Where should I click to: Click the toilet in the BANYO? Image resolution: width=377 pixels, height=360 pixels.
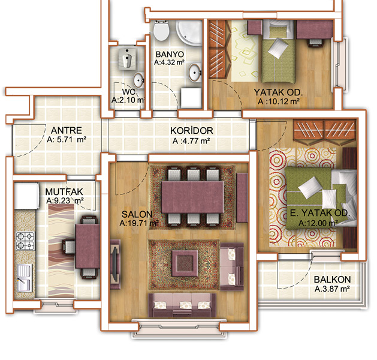(161, 31)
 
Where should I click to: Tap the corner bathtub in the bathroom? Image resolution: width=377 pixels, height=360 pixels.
(189, 32)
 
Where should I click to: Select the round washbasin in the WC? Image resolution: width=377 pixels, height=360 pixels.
(138, 80)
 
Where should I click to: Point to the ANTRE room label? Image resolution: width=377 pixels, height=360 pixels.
(67, 130)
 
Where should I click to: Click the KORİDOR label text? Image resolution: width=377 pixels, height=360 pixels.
(192, 131)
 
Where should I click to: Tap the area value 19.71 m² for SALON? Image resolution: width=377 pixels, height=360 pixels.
(139, 223)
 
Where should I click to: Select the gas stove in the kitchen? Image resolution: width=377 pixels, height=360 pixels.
(25, 241)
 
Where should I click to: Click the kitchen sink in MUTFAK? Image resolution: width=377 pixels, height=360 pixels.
(25, 278)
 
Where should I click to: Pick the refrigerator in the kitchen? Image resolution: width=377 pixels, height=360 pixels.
(26, 196)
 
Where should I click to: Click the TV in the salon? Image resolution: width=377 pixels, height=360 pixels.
(115, 264)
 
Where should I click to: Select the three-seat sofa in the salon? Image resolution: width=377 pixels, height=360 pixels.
(182, 305)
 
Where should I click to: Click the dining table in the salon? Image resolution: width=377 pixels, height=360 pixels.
(192, 197)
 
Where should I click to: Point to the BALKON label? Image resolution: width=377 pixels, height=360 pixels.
(332, 280)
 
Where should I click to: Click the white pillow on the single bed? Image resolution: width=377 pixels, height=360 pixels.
(278, 48)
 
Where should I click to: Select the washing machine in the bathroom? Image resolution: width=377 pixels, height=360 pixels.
(191, 98)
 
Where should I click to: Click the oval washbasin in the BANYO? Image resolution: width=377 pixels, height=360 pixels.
(195, 73)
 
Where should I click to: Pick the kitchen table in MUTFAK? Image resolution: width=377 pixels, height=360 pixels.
(88, 246)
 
